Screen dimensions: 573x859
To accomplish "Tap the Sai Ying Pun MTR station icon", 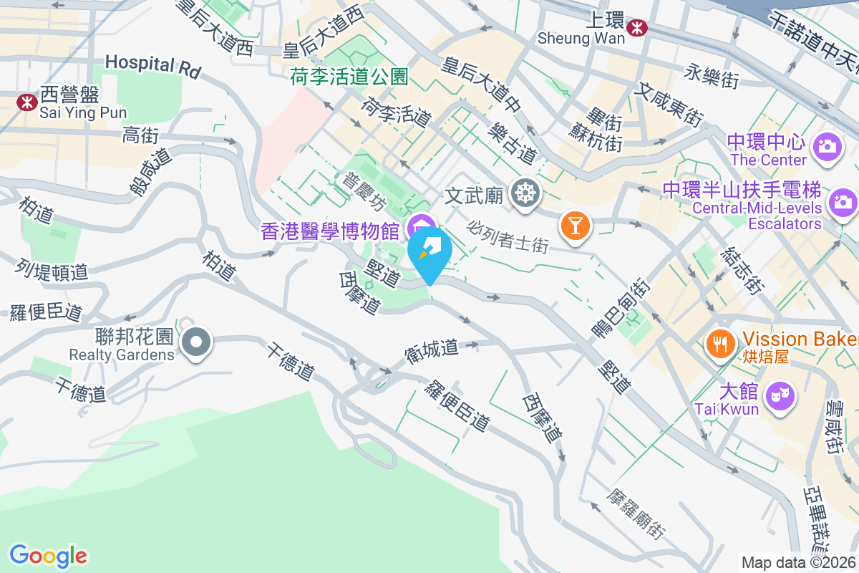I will click(27, 102).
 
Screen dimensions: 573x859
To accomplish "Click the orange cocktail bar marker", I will click(575, 226).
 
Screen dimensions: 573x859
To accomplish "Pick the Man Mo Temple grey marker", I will click(526, 193).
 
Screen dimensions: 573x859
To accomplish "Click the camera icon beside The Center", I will click(827, 147).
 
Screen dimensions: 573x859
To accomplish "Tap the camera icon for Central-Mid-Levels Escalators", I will click(843, 202).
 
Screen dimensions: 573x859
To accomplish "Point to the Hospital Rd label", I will click(152, 65).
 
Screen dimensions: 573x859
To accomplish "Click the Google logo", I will click(48, 556).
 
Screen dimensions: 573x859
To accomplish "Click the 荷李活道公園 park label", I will click(349, 77).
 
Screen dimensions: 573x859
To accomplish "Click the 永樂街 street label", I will click(712, 75).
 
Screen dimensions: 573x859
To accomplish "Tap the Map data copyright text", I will click(799, 562).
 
